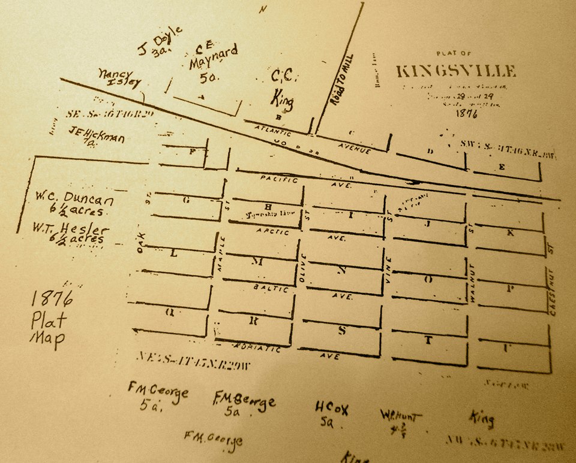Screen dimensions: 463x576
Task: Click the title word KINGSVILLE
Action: coord(455,71)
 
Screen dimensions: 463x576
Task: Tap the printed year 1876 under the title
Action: coord(466,112)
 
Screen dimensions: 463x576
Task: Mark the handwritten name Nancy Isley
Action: coord(120,78)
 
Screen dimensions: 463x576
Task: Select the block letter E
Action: coord(502,168)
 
